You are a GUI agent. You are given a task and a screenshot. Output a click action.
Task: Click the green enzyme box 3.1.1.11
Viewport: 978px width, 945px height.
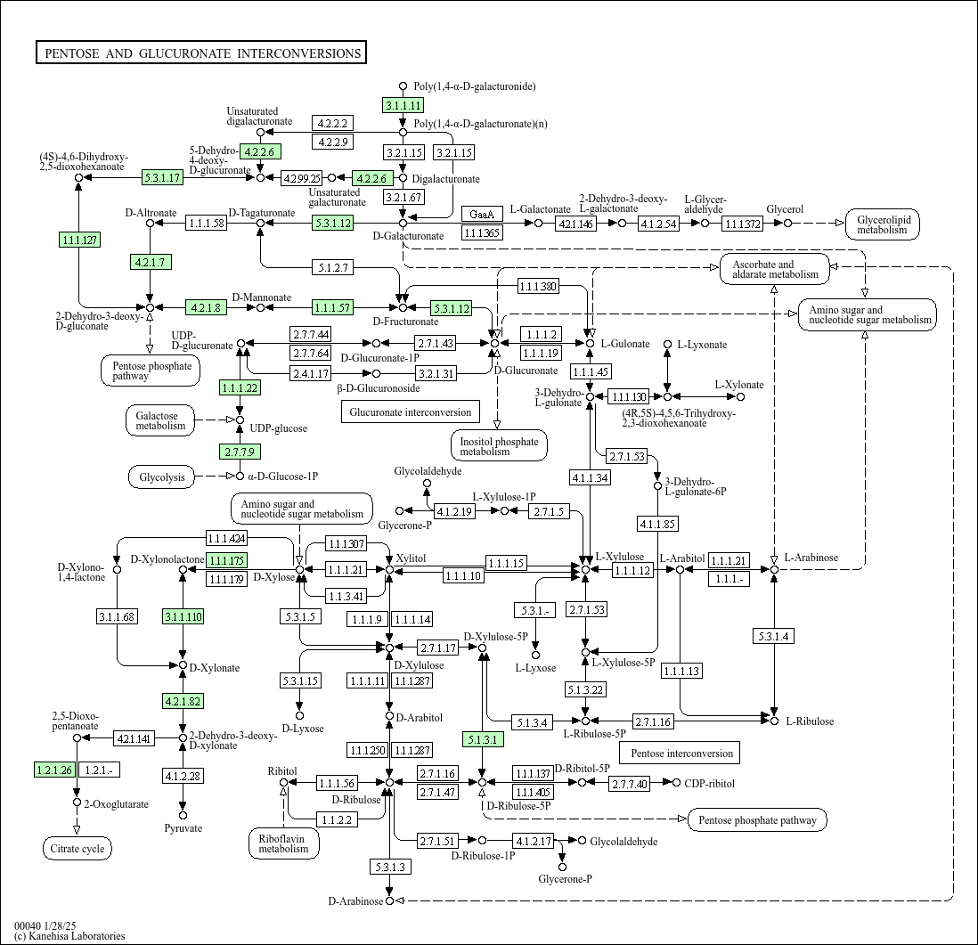click(x=403, y=105)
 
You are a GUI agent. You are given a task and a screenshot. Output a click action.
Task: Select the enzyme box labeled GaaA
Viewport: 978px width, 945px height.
click(x=482, y=214)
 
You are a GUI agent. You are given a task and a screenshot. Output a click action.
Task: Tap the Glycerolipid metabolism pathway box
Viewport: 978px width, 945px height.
click(x=883, y=224)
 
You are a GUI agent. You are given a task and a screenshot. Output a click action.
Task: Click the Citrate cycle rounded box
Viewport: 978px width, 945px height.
click(x=77, y=848)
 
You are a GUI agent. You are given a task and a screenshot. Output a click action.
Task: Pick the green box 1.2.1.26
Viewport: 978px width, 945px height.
click(x=55, y=770)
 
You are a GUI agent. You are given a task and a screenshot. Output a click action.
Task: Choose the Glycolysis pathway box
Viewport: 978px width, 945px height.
click(x=162, y=477)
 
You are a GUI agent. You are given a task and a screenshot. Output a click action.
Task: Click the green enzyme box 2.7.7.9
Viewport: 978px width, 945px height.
click(x=240, y=451)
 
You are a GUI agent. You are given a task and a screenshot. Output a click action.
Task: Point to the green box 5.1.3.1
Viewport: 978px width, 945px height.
click(x=483, y=740)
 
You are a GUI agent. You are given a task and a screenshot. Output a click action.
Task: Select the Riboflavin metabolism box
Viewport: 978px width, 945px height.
click(x=284, y=843)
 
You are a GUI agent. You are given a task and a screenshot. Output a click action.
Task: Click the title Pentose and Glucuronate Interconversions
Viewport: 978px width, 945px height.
click(x=200, y=53)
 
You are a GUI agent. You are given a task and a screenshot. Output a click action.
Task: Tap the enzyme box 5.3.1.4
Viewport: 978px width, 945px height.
click(x=774, y=636)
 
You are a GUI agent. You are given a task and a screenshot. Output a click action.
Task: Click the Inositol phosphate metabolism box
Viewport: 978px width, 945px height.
click(x=499, y=446)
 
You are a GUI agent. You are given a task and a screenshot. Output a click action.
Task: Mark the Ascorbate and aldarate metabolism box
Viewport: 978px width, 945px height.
click(x=775, y=270)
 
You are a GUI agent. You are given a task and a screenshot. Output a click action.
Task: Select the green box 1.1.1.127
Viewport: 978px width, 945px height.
click(x=80, y=240)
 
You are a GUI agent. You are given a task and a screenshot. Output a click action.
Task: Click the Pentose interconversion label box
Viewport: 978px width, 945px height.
click(x=681, y=753)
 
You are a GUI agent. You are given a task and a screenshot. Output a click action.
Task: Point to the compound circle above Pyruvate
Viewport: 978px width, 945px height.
click(x=183, y=815)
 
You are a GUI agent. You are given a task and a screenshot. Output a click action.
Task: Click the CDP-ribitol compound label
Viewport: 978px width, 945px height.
click(x=709, y=784)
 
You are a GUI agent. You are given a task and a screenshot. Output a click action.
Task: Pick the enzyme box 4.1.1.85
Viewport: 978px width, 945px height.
click(x=657, y=524)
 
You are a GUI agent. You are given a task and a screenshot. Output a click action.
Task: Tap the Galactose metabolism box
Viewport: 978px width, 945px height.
click(x=161, y=421)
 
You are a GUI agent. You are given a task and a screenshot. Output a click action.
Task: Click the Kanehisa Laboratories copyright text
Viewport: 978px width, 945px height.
click(x=69, y=936)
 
